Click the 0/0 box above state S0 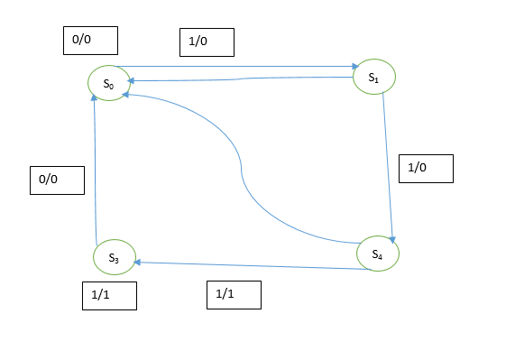(x=91, y=41)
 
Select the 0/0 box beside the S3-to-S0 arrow (x=57, y=180)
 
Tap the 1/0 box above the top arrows (x=207, y=42)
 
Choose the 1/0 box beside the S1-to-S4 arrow (x=426, y=169)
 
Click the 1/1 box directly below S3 (x=109, y=296)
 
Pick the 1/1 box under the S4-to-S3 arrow (x=234, y=295)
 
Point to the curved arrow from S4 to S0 (x=242, y=168)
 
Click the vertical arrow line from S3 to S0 (x=96, y=170)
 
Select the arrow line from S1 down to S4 (x=388, y=168)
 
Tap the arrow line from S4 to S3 (x=253, y=265)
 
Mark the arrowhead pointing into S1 (x=355, y=67)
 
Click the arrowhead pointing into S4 (x=391, y=240)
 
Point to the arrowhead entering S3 (x=137, y=263)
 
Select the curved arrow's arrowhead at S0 (x=125, y=95)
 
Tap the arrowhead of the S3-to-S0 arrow (x=94, y=97)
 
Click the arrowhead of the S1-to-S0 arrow (x=131, y=80)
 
